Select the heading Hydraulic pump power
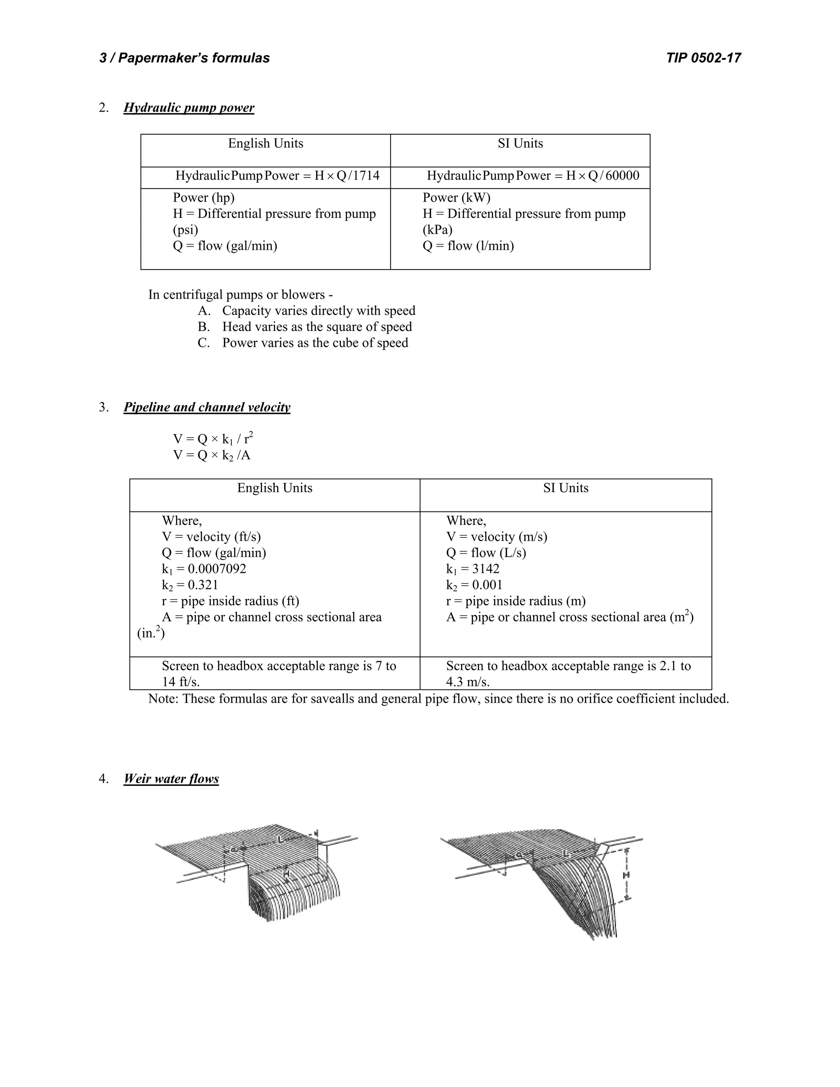[189, 108]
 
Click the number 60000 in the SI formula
[622, 176]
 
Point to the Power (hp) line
[203, 198]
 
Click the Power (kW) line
[457, 198]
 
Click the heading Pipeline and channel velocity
[207, 408]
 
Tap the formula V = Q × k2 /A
[212, 455]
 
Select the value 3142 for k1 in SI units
[486, 569]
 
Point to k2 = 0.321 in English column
[189, 585]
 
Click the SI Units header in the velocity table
[565, 488]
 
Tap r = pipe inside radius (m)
[515, 601]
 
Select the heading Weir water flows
[171, 779]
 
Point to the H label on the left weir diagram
[286, 873]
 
